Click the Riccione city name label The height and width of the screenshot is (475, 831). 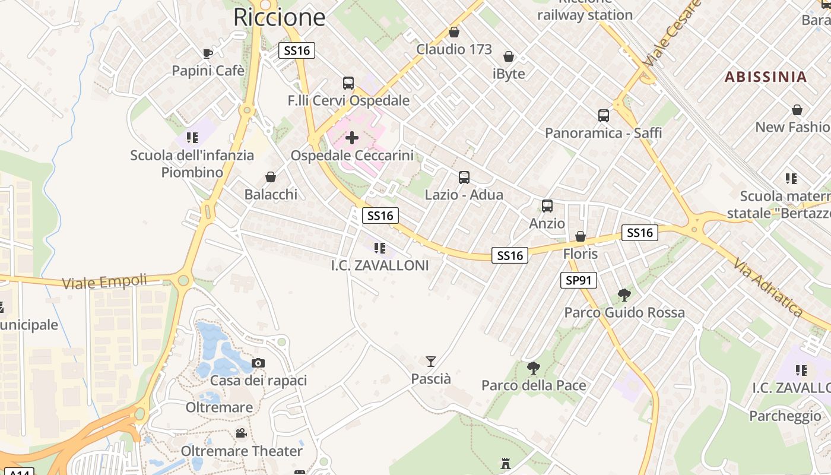279,17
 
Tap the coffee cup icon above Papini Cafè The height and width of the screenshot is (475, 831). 208,53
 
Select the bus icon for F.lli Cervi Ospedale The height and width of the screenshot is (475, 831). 348,83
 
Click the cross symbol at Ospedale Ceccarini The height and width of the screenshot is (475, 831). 352,138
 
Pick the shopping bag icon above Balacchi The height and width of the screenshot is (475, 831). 271,177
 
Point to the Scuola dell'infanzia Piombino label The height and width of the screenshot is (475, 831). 192,164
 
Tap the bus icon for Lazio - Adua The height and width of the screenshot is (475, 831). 464,177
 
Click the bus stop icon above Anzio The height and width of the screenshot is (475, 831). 547,206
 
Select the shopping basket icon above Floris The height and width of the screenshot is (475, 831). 581,236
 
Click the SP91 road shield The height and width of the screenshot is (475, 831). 578,280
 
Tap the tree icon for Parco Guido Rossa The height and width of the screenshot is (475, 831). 624,294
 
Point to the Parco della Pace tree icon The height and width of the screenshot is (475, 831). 534,368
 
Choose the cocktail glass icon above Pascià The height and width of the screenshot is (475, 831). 431,361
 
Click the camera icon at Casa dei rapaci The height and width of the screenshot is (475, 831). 258,363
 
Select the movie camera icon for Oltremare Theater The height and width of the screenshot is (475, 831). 241,433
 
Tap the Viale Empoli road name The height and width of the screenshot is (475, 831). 104,281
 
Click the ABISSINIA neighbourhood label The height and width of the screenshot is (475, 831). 766,77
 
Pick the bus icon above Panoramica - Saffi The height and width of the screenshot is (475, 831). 604,115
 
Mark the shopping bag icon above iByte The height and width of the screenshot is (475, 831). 509,56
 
